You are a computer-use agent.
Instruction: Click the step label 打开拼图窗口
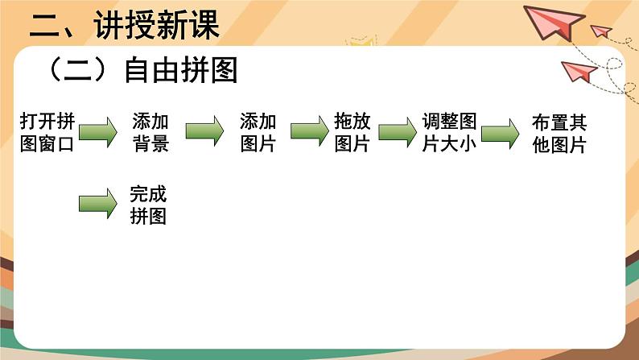tap(48, 134)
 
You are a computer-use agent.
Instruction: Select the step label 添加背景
tap(150, 134)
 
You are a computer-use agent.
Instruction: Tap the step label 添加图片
tap(258, 134)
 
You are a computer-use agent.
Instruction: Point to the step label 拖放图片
tap(352, 134)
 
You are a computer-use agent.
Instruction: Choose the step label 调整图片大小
tap(450, 134)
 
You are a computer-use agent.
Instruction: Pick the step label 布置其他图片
tap(559, 134)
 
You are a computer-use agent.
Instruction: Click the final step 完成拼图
tap(148, 205)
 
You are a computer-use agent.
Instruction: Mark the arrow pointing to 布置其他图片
tap(501, 132)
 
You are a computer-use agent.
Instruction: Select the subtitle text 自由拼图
tap(180, 72)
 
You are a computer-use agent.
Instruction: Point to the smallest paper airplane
tap(601, 31)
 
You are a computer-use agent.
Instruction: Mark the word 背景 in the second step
tap(150, 144)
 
